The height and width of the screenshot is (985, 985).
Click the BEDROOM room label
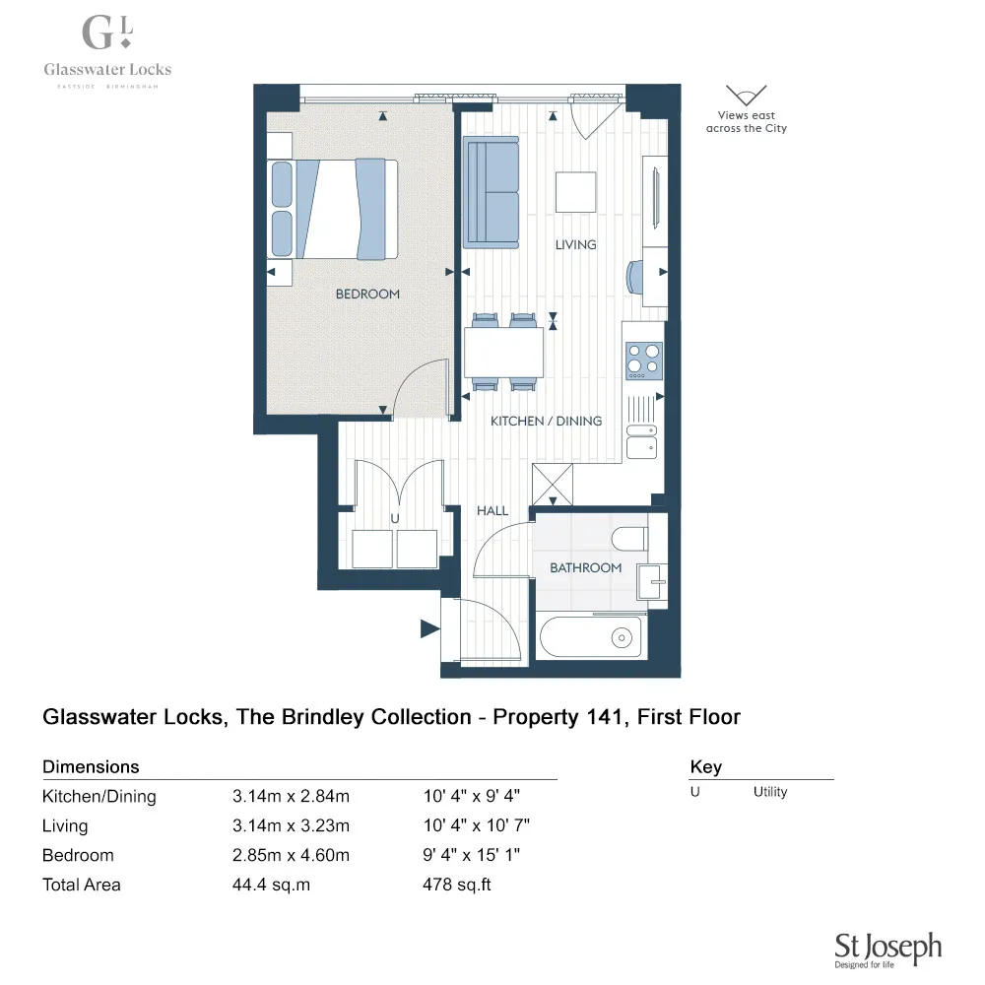click(x=367, y=294)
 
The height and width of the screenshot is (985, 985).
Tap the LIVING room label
click(x=575, y=244)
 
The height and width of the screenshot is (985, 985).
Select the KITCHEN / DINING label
click(x=546, y=421)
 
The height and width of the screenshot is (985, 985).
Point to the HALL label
click(x=492, y=510)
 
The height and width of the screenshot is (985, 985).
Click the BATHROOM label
click(x=585, y=567)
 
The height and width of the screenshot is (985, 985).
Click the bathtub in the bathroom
click(x=590, y=637)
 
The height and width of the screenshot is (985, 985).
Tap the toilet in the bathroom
click(x=628, y=538)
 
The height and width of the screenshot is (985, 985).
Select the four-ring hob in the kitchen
click(x=644, y=360)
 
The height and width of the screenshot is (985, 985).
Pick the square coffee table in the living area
click(x=575, y=192)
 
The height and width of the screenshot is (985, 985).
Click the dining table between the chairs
click(x=503, y=352)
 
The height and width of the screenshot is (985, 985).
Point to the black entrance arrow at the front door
click(x=429, y=628)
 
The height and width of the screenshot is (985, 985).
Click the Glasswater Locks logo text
click(x=107, y=69)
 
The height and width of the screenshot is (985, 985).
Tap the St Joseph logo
click(x=887, y=948)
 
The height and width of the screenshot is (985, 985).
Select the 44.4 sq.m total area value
click(x=271, y=885)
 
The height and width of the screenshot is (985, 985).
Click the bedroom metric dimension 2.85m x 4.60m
click(x=291, y=855)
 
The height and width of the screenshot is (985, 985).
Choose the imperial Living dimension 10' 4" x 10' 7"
click(x=477, y=825)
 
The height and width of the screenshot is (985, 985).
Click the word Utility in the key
click(x=770, y=792)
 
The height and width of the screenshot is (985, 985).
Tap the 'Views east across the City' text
click(x=747, y=122)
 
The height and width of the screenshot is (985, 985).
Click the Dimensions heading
click(x=91, y=766)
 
